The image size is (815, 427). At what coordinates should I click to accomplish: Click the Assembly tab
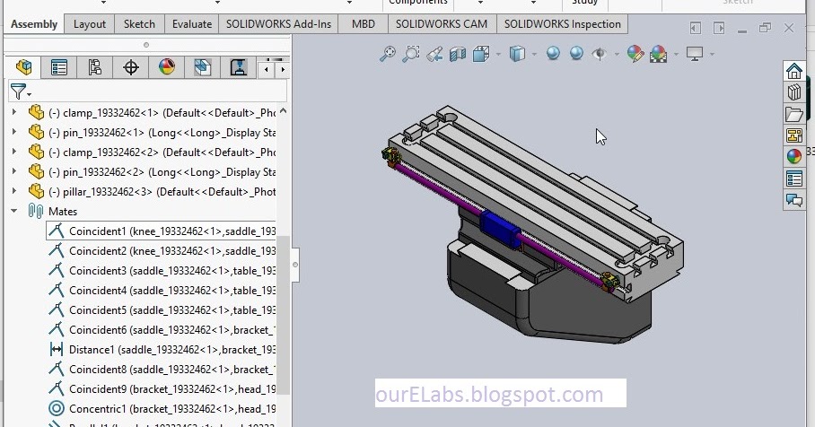click(x=34, y=24)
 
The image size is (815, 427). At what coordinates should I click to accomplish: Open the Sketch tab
click(x=139, y=24)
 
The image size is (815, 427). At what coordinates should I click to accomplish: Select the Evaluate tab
click(x=192, y=24)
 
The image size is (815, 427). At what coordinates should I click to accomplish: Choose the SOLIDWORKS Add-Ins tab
click(x=278, y=24)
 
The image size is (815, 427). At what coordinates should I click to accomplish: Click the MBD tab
click(x=364, y=24)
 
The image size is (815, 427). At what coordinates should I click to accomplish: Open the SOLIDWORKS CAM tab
click(x=441, y=24)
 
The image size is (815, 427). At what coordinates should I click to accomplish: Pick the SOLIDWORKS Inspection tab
click(x=562, y=24)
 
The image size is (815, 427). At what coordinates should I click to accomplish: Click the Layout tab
click(x=90, y=24)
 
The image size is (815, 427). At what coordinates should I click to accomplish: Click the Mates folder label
click(x=63, y=211)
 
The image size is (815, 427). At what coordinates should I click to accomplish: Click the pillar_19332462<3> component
click(x=162, y=191)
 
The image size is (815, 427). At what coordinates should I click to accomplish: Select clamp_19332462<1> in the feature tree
click(x=162, y=112)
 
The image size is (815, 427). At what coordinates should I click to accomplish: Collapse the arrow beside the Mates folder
click(x=13, y=211)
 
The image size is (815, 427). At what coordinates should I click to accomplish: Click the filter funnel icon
click(x=17, y=91)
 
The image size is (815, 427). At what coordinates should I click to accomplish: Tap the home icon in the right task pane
click(x=793, y=71)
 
